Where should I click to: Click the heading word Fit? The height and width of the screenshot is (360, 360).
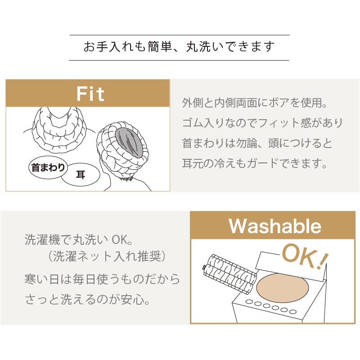pyautogui.click(x=90, y=94)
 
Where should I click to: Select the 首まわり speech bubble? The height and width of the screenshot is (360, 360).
pyautogui.click(x=47, y=168)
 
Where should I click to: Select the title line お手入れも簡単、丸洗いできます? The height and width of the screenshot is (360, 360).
pyautogui.click(x=179, y=47)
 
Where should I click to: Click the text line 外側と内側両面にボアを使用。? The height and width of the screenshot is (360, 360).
pyautogui.click(x=254, y=103)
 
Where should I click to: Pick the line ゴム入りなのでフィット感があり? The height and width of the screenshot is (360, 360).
pyautogui.click(x=262, y=123)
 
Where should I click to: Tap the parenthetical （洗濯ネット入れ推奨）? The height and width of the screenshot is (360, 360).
pyautogui.click(x=108, y=257)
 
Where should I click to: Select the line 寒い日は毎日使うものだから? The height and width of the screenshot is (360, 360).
pyautogui.click(x=102, y=279)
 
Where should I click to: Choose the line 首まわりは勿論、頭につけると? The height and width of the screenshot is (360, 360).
pyautogui.click(x=257, y=143)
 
